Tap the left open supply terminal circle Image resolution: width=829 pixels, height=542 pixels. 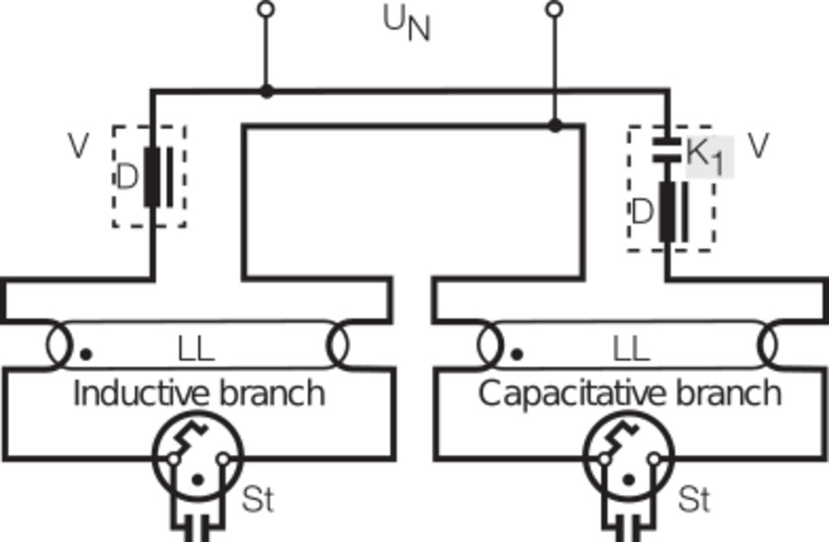coord(265,10)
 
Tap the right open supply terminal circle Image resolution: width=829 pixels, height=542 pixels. coord(555,10)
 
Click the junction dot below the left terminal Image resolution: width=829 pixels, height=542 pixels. coord(265,90)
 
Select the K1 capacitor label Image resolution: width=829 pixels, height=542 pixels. coord(707,156)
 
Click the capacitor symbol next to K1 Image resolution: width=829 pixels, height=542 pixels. coord(667,148)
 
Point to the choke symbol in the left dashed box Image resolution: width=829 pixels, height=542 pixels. coord(158,177)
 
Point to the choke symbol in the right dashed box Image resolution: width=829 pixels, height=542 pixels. coord(673,212)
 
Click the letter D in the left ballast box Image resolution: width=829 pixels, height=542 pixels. coord(125,177)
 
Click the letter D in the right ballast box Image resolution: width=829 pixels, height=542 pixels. coord(642,212)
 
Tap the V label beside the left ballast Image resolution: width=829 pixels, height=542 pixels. coord(79,147)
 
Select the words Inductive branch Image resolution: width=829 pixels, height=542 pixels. coord(199,393)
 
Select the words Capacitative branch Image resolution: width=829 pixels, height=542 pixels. coord(630,393)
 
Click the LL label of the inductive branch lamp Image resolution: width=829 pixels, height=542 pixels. coord(196,350)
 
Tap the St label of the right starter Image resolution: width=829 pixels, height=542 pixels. coord(694,500)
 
